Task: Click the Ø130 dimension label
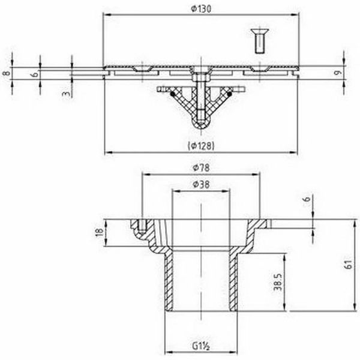201,9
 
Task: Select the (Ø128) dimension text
201,146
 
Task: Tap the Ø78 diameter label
201,167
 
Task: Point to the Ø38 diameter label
201,184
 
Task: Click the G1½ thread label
201,346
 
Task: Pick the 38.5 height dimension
278,282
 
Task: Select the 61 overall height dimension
349,265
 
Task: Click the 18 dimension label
99,233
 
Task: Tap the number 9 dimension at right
337,73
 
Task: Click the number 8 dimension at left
7,73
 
